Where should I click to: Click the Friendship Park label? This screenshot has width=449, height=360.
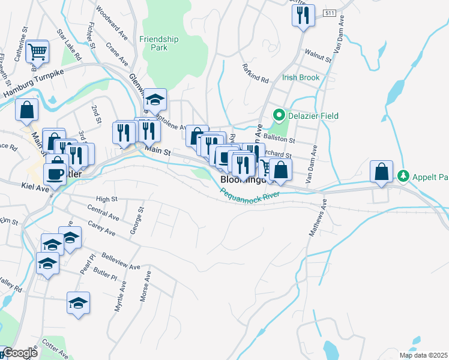pyautogui.click(x=159, y=43)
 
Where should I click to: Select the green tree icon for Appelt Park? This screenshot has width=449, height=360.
pyautogui.click(x=403, y=176)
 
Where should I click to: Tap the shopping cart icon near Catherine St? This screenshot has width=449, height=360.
pyautogui.click(x=37, y=52)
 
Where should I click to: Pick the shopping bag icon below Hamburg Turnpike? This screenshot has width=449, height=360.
pyautogui.click(x=27, y=110)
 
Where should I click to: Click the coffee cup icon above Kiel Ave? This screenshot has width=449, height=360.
pyautogui.click(x=55, y=174)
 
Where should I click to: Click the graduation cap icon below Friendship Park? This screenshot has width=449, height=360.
pyautogui.click(x=155, y=99)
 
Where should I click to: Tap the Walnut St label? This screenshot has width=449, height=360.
pyautogui.click(x=318, y=57)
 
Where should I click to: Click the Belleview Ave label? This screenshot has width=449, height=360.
pyautogui.click(x=121, y=262)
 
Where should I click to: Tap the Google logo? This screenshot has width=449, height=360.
pyautogui.click(x=20, y=353)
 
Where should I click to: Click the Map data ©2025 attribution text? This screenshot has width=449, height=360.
pyautogui.click(x=423, y=355)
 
